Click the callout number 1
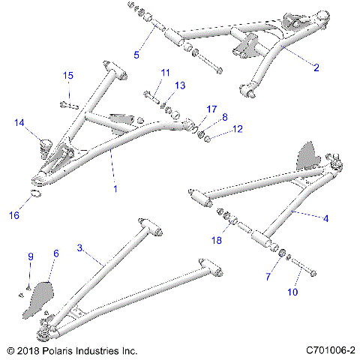click(115, 189)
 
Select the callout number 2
click(316, 67)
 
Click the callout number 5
click(136, 53)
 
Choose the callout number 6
click(54, 254)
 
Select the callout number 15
click(68, 76)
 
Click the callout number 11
click(166, 71)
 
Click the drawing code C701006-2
click(330, 350)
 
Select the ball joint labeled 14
click(41, 144)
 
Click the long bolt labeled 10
click(301, 266)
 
